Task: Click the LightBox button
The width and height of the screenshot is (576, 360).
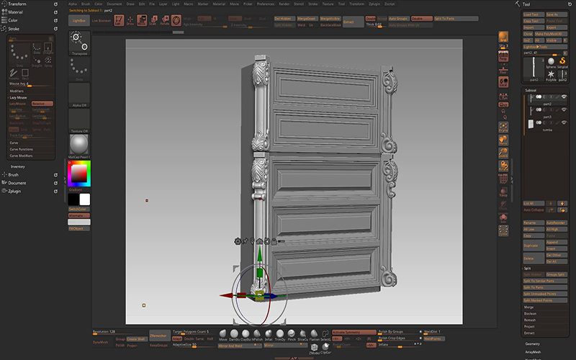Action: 78,22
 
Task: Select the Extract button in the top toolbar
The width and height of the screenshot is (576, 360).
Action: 348,22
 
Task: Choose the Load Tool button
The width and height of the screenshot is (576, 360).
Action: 531,14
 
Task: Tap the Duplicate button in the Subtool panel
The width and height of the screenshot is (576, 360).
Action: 531,246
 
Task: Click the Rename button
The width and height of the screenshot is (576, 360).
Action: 531,223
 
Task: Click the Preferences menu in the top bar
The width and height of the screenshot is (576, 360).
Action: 266,4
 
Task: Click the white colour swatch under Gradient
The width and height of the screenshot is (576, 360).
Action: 84,199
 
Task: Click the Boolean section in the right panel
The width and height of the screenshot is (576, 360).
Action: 530,313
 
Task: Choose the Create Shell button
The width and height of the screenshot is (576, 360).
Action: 136,338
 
